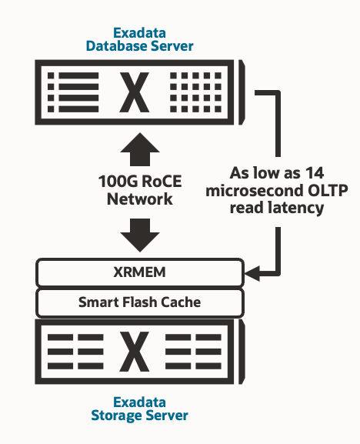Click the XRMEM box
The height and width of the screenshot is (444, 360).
140,272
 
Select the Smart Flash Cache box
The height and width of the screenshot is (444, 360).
140,302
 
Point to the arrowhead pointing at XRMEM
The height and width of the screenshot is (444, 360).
252,271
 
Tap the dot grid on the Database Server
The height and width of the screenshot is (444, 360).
194,94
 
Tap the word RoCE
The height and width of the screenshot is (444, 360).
158,182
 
